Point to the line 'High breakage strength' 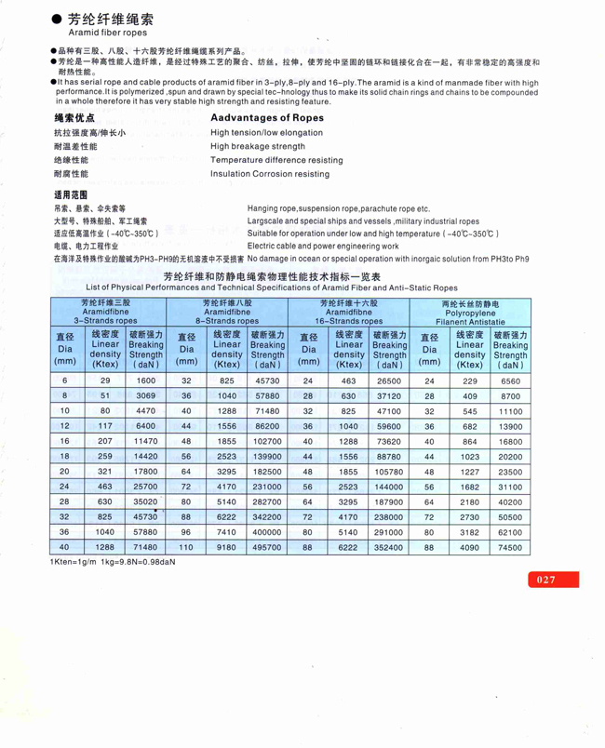coord(258,146)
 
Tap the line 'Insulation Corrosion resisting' coord(276,173)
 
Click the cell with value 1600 coord(146,381)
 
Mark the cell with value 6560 coord(510,381)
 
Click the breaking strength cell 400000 coord(267,530)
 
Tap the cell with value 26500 coord(389,381)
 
